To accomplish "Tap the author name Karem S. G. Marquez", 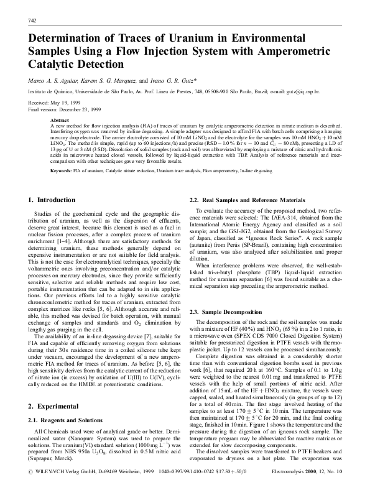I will (108, 80).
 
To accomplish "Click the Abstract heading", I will (60, 120).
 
